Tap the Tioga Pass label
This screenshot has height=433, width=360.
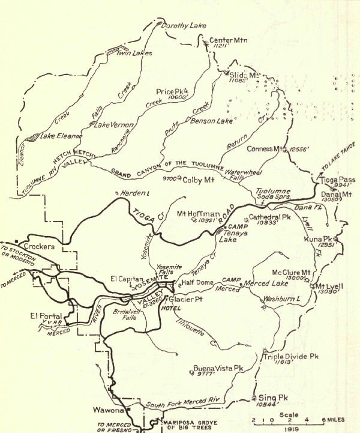tap(340, 180)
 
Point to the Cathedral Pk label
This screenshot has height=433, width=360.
tap(269, 217)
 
